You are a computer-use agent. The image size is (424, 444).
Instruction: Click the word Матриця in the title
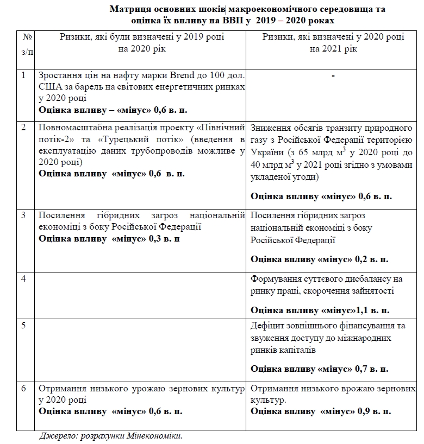(128, 9)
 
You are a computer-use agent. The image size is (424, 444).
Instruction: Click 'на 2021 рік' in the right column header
(333, 48)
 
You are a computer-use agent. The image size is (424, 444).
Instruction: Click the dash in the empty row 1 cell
(333, 75)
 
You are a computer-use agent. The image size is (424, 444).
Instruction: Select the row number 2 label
(23, 128)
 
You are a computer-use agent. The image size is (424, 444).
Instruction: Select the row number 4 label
(23, 278)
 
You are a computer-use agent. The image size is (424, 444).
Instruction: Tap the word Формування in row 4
(274, 279)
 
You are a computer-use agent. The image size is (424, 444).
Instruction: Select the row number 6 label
(23, 389)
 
